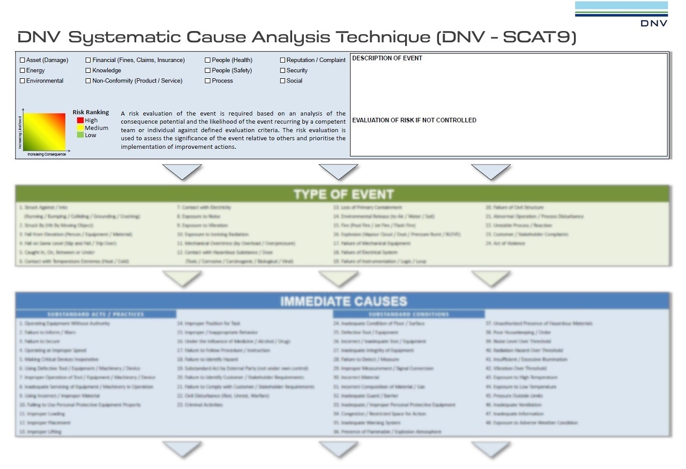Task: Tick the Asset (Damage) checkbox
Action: click(x=23, y=60)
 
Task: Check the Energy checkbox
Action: click(x=23, y=71)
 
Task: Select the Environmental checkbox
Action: click(x=23, y=81)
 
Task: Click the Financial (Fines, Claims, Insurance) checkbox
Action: click(x=88, y=60)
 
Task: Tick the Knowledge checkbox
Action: click(x=88, y=71)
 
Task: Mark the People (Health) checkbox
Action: click(x=207, y=60)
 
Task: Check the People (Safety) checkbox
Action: click(x=207, y=71)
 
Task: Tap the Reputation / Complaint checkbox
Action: click(x=282, y=60)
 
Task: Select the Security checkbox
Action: click(x=282, y=71)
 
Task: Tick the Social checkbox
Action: click(x=282, y=81)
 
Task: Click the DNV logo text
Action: click(x=654, y=24)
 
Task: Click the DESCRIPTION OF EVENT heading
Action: click(x=387, y=58)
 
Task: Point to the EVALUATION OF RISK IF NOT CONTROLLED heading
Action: click(x=414, y=120)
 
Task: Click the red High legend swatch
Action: click(x=80, y=121)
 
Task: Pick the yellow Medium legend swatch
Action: click(x=80, y=128)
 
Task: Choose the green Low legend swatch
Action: click(x=80, y=135)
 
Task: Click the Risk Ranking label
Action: click(x=91, y=112)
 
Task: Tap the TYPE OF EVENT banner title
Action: click(x=343, y=194)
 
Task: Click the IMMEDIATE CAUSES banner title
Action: click(x=343, y=301)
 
